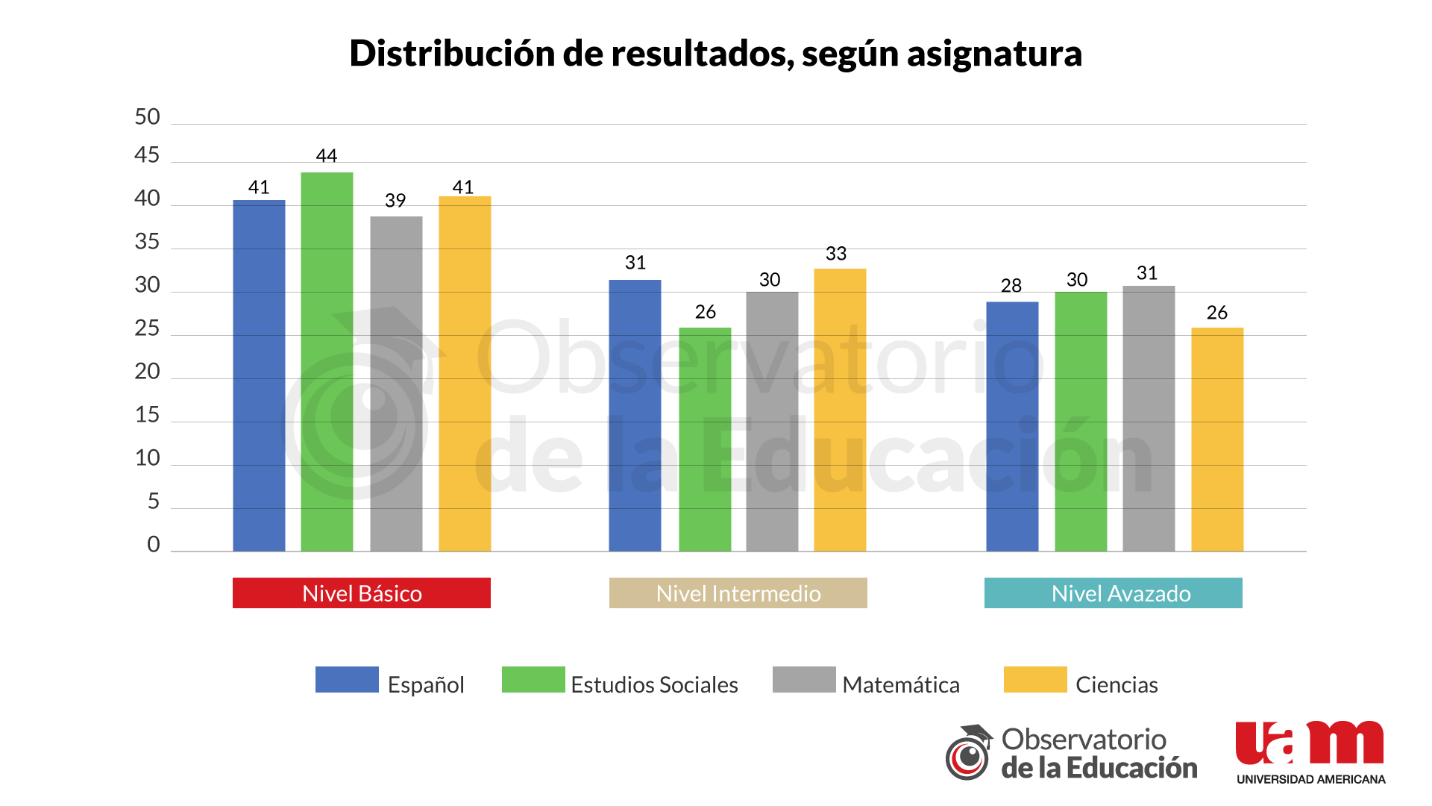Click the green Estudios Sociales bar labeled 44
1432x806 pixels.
[x=327, y=362]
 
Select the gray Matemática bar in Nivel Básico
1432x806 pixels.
[x=396, y=384]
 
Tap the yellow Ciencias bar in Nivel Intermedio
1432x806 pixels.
[x=840, y=410]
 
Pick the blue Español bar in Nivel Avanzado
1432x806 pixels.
[x=1012, y=426]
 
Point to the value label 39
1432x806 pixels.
[x=395, y=201]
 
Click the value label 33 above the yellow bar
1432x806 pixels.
[x=836, y=254]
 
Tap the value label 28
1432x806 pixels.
[x=1011, y=286]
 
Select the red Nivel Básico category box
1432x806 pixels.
[x=362, y=593]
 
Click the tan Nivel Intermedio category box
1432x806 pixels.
[x=738, y=593]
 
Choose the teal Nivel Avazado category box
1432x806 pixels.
[x=1114, y=593]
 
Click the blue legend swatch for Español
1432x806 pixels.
[x=347, y=680]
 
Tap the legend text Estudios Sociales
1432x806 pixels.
[x=654, y=684]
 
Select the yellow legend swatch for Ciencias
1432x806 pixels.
[x=1035, y=680]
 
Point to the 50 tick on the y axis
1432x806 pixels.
[x=147, y=117]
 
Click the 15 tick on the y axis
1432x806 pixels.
[x=147, y=415]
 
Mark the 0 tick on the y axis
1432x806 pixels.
[x=154, y=544]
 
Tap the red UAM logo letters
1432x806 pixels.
[x=1310, y=743]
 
